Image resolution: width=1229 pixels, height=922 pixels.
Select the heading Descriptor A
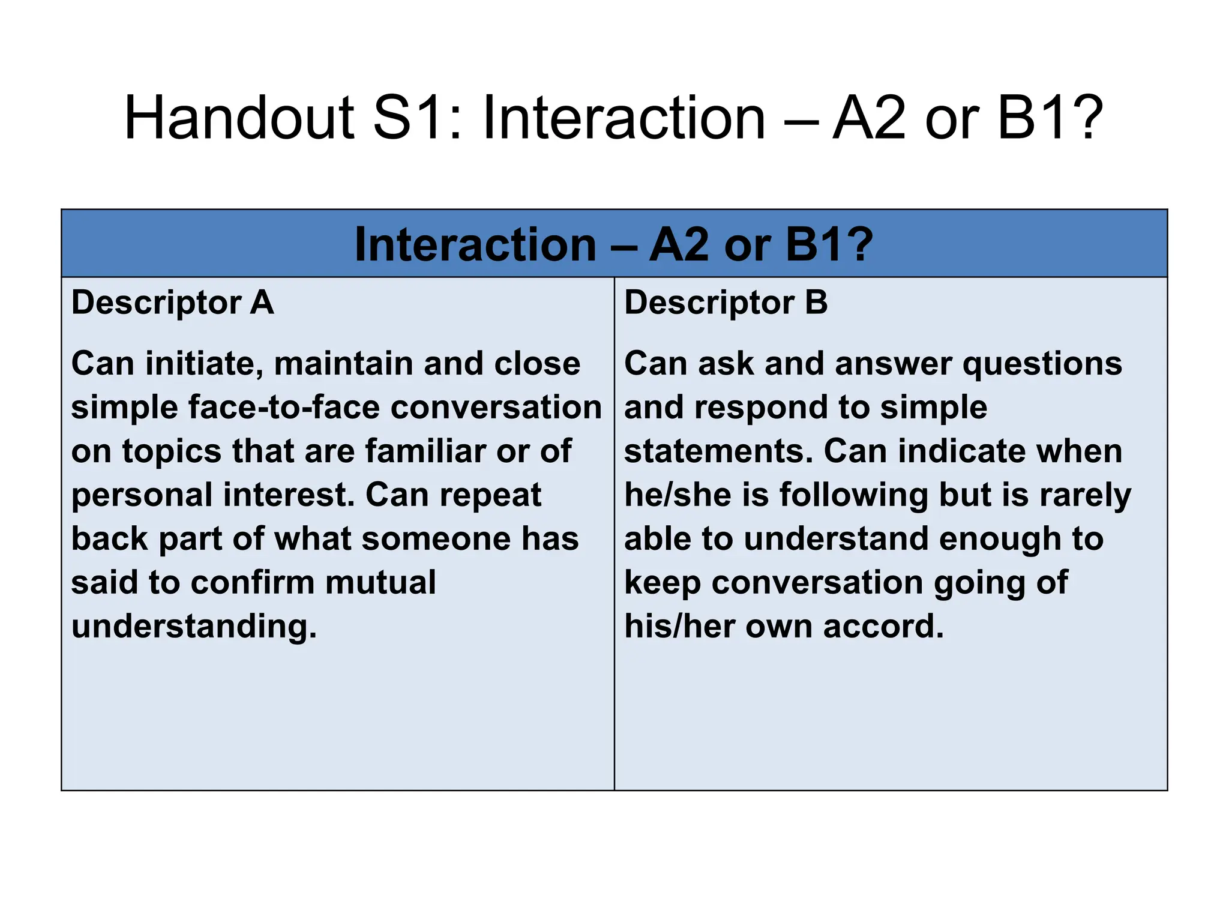pos(173,302)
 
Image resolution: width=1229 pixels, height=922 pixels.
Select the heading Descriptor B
pos(726,302)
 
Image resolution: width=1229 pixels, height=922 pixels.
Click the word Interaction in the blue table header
pos(475,245)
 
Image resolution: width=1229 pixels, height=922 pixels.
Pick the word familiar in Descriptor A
pos(425,451)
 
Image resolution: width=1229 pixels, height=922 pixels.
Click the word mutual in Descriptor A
pos(380,583)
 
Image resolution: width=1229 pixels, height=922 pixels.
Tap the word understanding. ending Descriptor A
pos(194,627)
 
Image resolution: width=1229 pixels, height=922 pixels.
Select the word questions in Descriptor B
pos(1042,364)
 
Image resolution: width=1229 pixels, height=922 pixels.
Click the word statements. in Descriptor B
pos(719,451)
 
